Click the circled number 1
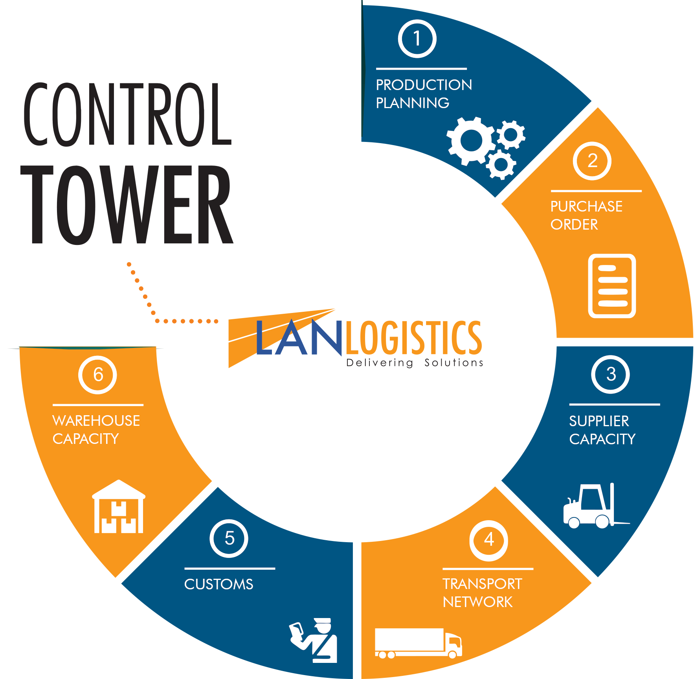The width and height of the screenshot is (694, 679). tap(417, 39)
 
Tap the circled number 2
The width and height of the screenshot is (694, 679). tap(592, 161)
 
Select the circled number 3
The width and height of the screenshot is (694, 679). tap(610, 374)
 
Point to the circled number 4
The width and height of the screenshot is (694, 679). tap(488, 539)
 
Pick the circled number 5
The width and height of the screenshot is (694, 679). tap(229, 539)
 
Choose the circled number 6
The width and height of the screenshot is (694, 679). tap(98, 375)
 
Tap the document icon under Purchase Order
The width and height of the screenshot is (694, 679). tap(612, 286)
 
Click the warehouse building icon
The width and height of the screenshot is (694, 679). tap(119, 507)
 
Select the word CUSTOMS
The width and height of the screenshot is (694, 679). tap(218, 584)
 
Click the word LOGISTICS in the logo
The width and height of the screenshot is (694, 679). tap(413, 337)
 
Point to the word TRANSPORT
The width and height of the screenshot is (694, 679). tap(482, 584)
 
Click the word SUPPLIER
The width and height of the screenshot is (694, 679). tap(599, 421)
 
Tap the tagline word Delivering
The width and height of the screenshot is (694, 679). tap(380, 363)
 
